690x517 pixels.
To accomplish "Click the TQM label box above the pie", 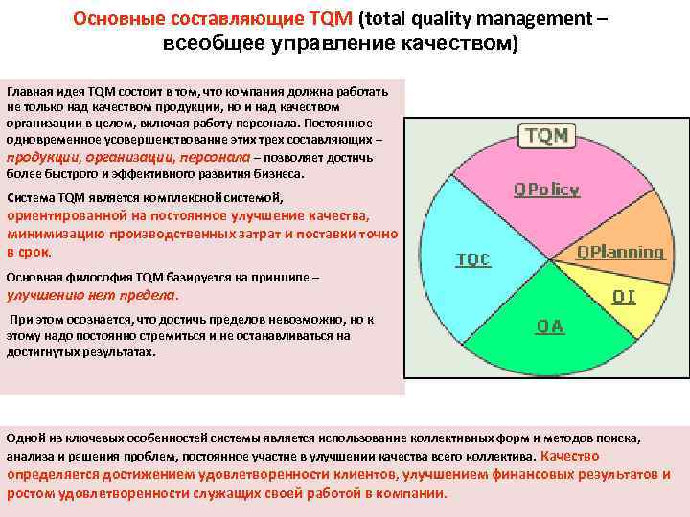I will click(x=544, y=135).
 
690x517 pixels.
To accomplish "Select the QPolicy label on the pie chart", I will click(x=546, y=190).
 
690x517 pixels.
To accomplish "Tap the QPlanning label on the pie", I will click(x=620, y=252).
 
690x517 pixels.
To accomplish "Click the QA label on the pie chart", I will click(x=550, y=326).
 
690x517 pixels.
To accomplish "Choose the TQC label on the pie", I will click(x=472, y=259).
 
